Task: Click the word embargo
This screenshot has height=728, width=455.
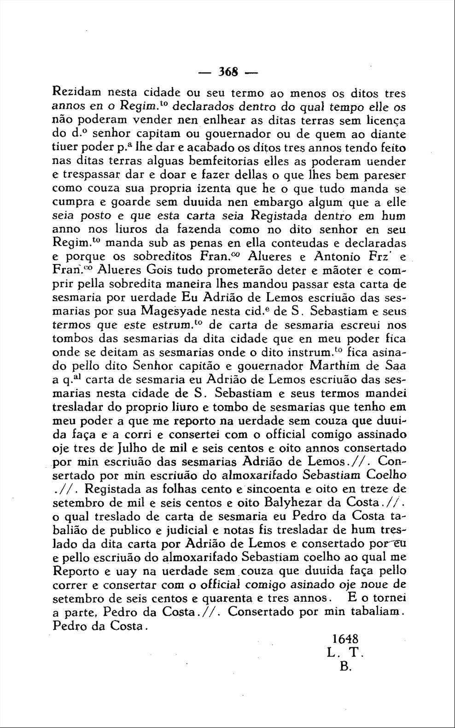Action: tap(276, 202)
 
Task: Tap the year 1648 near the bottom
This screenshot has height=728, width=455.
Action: tap(345, 639)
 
